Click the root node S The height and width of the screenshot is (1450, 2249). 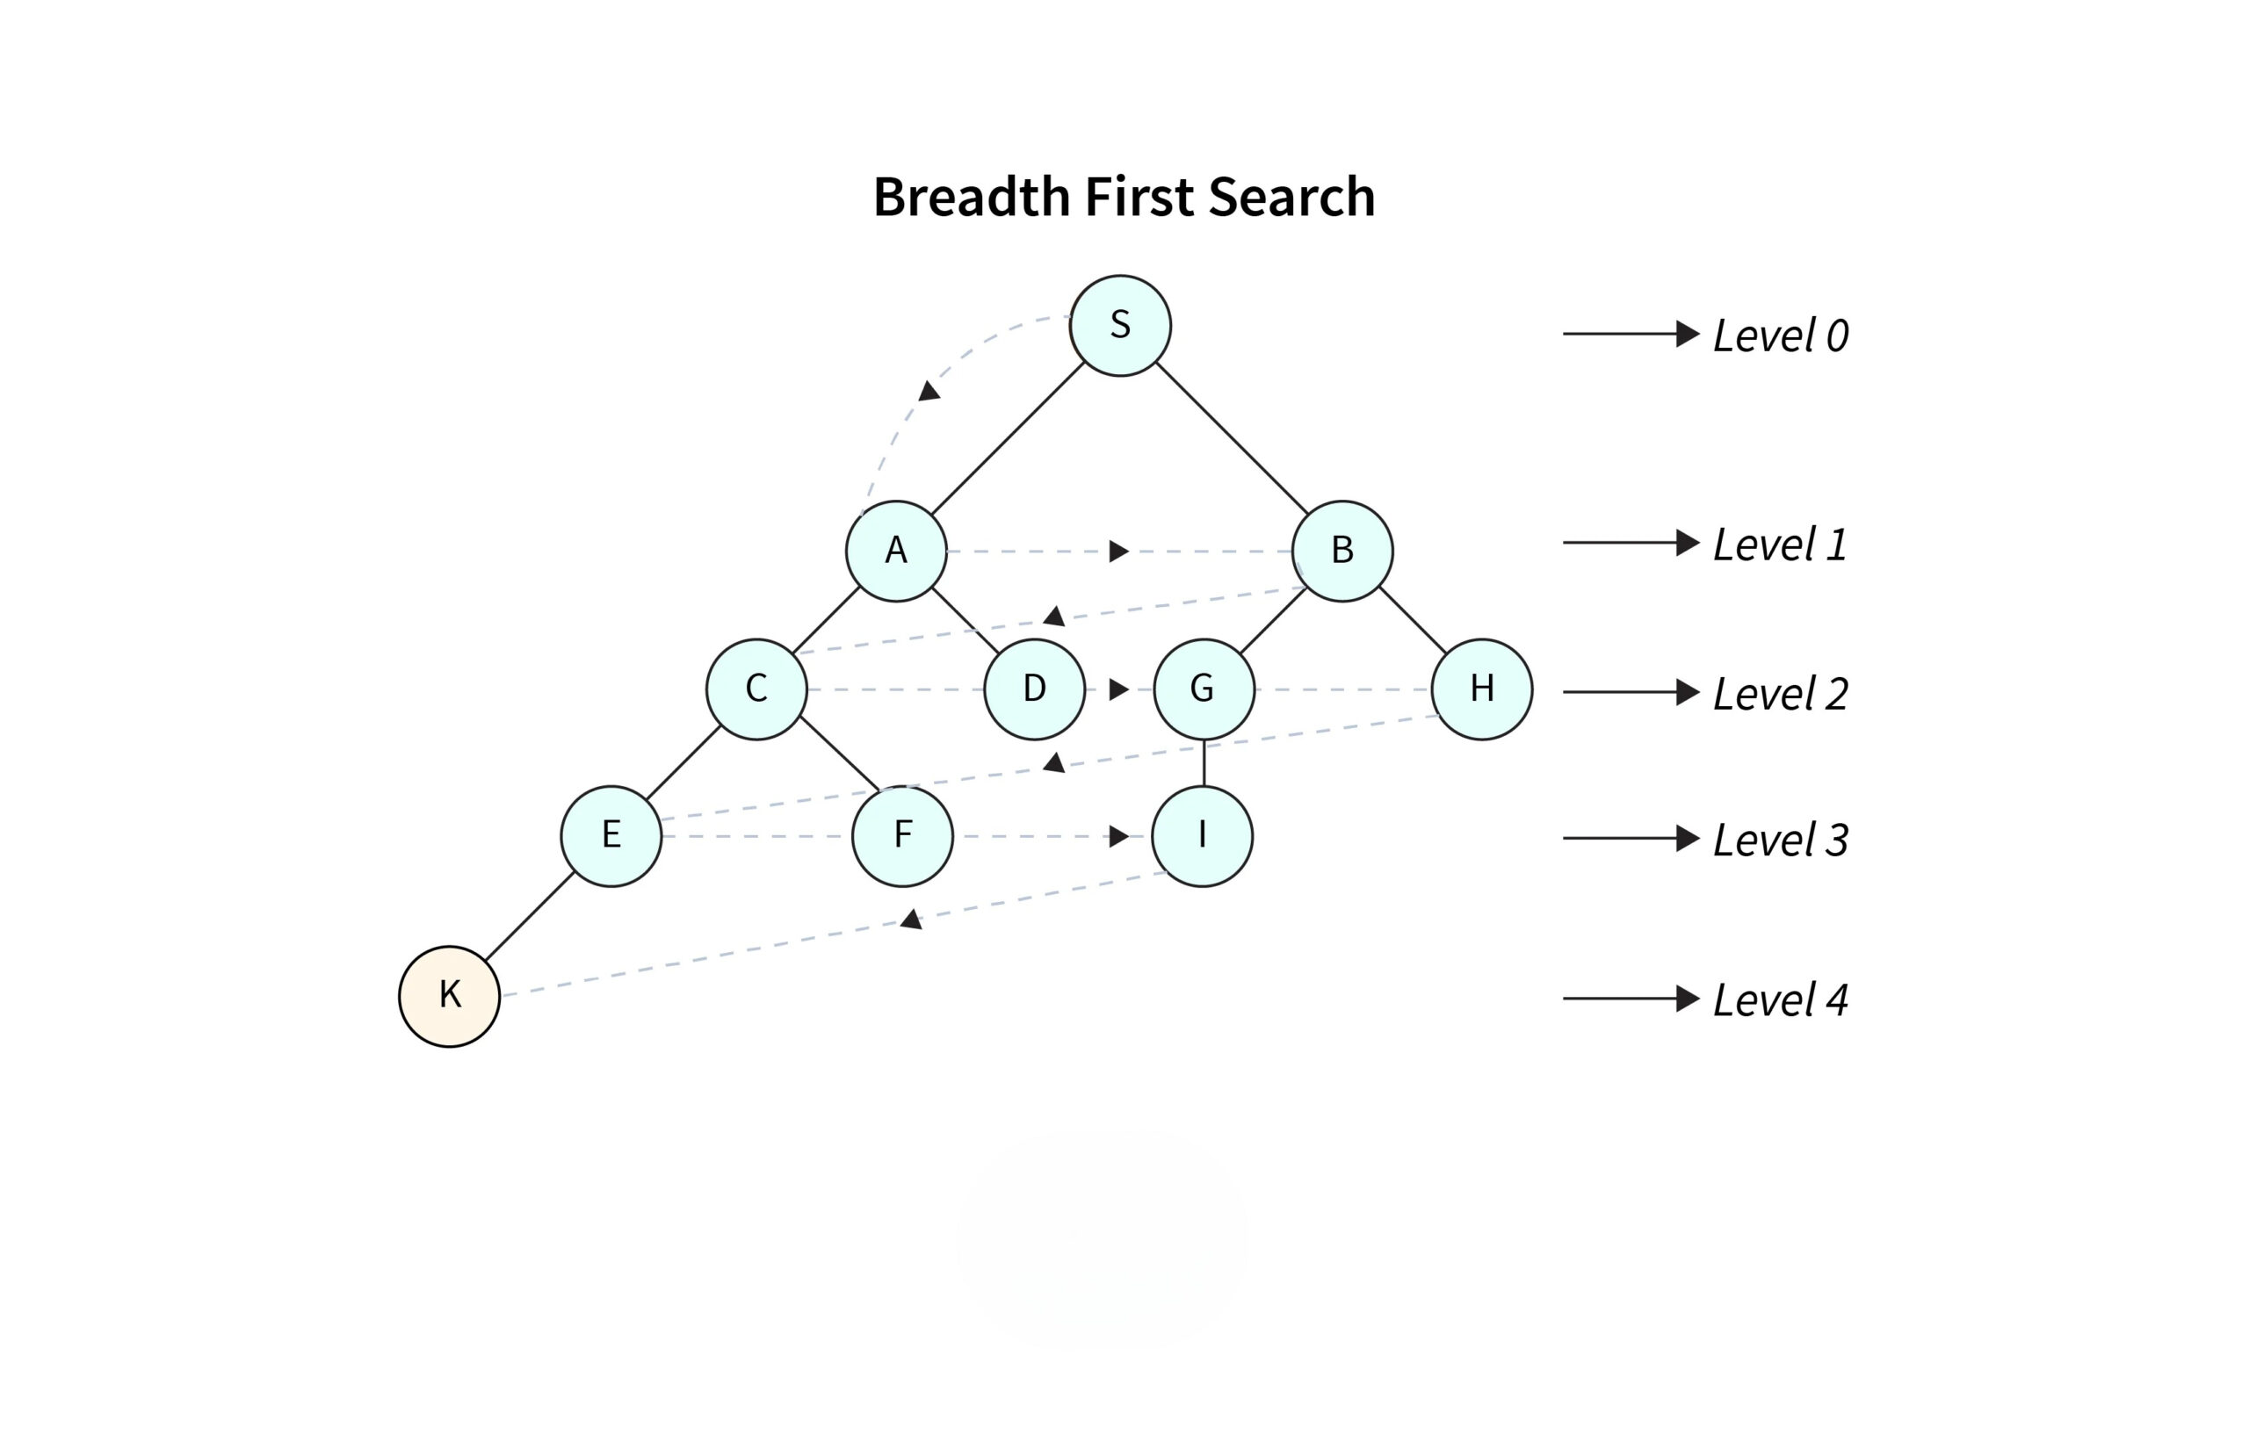click(x=1120, y=326)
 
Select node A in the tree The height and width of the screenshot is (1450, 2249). click(x=895, y=551)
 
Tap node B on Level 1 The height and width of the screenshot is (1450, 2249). click(x=1342, y=551)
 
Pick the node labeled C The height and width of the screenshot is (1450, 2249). click(x=756, y=689)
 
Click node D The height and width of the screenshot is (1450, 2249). click(x=1034, y=689)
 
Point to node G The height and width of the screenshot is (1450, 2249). click(x=1204, y=689)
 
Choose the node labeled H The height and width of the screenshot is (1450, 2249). click(x=1481, y=689)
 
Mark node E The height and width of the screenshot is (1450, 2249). click(x=611, y=836)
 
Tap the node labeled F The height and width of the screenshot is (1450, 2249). click(x=902, y=836)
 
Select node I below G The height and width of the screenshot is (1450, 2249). click(x=1202, y=836)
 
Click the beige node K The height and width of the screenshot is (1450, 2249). click(x=449, y=996)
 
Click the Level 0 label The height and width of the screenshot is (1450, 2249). click(x=1780, y=336)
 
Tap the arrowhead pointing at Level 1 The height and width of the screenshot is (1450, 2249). click(x=1688, y=543)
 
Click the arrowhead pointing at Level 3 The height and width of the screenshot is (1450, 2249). click(x=1688, y=838)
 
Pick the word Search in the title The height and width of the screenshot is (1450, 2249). click(x=1291, y=197)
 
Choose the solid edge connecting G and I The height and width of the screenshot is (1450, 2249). click(x=1204, y=762)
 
